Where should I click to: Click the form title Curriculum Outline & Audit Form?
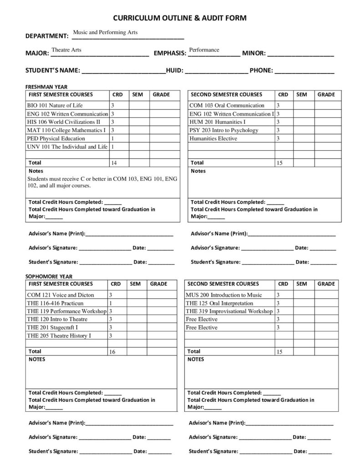click(x=180, y=18)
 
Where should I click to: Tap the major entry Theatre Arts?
click(x=66, y=50)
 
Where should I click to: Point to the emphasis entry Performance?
click(x=204, y=50)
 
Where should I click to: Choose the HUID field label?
click(x=174, y=71)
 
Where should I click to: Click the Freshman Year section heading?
click(x=46, y=87)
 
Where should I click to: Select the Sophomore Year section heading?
click(x=49, y=276)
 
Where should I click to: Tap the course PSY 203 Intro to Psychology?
click(x=223, y=130)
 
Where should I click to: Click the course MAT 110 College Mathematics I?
click(x=66, y=130)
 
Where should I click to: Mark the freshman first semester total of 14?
click(x=114, y=163)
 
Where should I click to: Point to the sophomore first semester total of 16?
click(x=112, y=352)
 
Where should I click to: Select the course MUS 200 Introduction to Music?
click(x=223, y=295)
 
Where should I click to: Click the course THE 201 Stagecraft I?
click(x=52, y=327)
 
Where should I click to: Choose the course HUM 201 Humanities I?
click(x=217, y=122)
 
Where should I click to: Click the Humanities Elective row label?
click(x=213, y=138)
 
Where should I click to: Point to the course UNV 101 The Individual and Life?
click(x=67, y=147)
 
